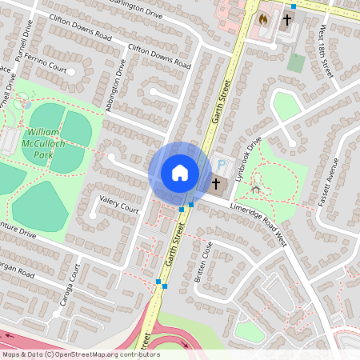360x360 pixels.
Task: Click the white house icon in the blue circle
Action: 180,173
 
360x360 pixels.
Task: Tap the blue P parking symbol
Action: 222,165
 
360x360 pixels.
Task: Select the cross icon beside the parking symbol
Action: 216,184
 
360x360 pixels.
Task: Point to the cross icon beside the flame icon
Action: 287,18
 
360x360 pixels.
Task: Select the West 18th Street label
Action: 326,51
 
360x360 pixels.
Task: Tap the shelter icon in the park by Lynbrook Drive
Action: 256,190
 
